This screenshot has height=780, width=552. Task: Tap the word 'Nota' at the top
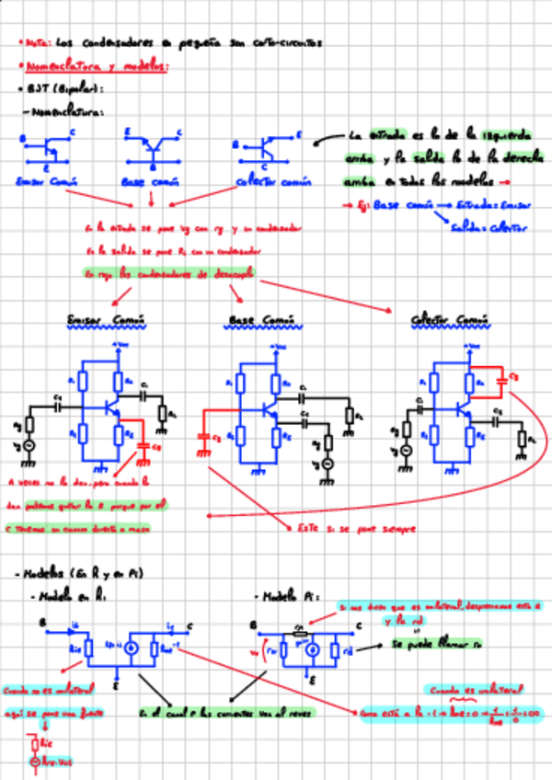click(38, 42)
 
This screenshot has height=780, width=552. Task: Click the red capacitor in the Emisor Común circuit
click(144, 447)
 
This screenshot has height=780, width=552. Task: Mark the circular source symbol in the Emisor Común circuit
click(29, 446)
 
